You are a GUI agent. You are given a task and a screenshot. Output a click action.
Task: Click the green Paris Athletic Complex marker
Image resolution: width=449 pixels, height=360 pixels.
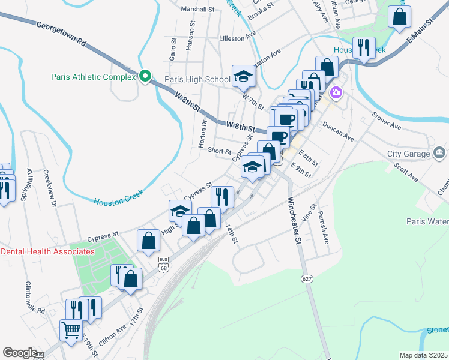[145, 77]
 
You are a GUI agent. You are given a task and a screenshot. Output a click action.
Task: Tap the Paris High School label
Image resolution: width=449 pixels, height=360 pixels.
[197, 79]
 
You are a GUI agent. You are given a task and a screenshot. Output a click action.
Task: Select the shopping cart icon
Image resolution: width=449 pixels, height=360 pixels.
[71, 329]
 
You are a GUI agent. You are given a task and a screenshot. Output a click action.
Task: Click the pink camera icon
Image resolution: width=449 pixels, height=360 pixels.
[336, 93]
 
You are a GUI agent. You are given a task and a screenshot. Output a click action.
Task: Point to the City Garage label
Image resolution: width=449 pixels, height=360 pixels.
[409, 154]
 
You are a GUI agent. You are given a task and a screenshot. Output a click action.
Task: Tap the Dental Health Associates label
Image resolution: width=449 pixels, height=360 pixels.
[48, 251]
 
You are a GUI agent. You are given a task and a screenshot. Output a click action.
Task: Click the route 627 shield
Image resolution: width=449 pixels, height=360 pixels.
[307, 279]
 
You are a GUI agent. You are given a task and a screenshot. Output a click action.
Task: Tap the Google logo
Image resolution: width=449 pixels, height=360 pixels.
[20, 353]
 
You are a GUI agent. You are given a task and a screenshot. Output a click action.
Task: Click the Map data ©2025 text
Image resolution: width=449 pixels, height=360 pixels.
[424, 355]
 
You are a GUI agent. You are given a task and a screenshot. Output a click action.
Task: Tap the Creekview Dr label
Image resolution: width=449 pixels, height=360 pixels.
[49, 189]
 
